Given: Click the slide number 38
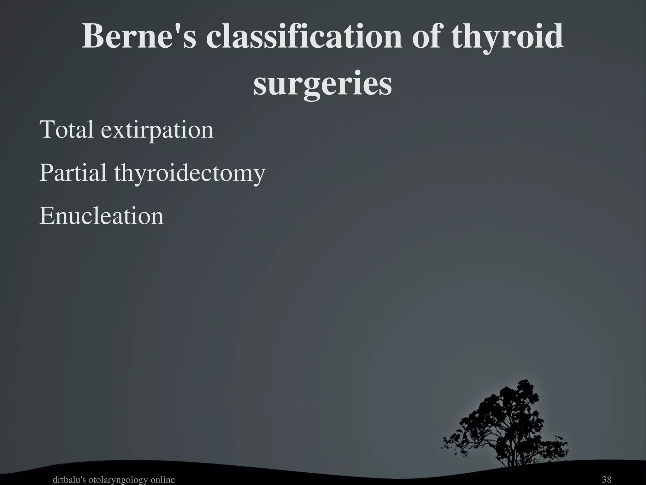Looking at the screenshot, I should coord(607,480).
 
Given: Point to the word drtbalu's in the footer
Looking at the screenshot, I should coord(69,480).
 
